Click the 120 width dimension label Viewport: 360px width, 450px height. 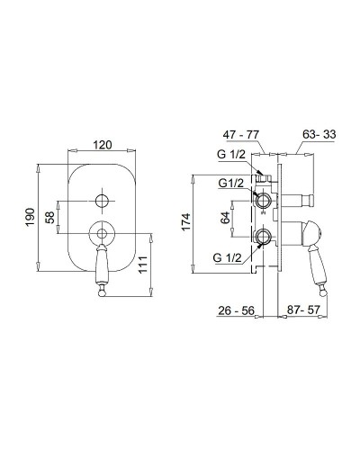click(102, 145)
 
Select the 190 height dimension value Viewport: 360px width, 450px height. click(31, 217)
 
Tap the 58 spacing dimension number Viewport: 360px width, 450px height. click(49, 218)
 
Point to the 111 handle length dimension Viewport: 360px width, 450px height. click(143, 265)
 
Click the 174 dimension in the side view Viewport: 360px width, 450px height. click(186, 221)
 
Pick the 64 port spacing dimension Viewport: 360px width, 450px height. click(225, 218)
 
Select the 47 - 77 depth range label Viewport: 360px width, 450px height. click(240, 135)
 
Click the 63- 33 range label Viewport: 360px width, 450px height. click(319, 134)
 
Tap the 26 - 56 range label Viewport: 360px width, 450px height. click(236, 310)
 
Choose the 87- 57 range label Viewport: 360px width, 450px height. click(303, 310)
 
